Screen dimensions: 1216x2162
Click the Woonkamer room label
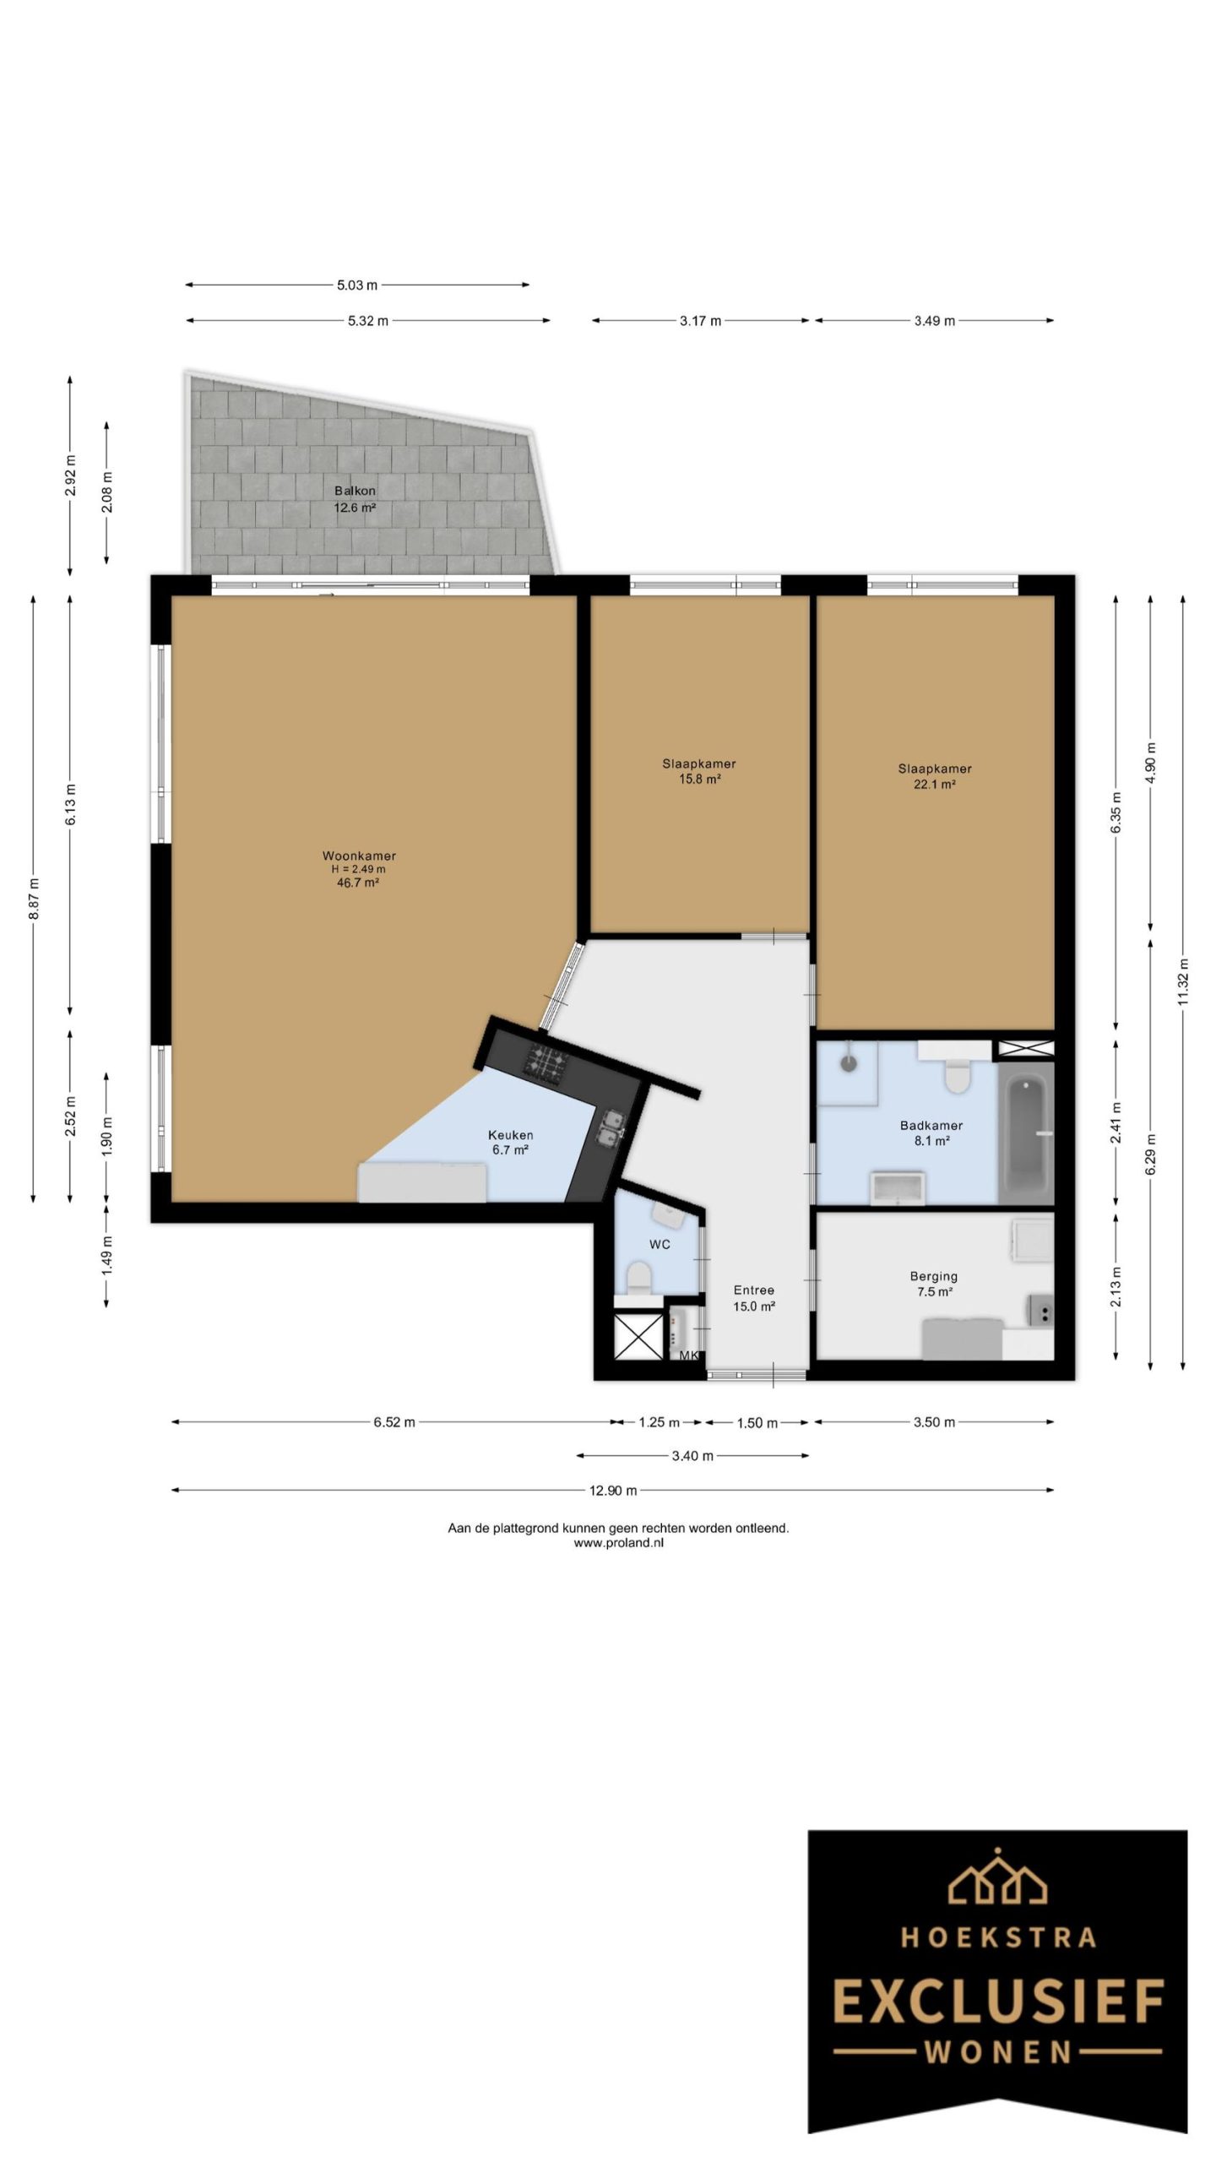[359, 856]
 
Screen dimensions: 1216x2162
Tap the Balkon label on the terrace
[355, 491]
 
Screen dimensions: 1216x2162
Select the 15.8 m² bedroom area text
[699, 780]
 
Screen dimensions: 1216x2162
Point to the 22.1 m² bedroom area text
[935, 785]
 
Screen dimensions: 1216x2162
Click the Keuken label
[511, 1135]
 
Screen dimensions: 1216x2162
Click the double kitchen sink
[610, 1127]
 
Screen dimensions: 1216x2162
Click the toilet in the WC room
[640, 1278]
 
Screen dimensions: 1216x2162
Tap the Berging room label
[934, 1276]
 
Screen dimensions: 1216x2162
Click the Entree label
[754, 1290]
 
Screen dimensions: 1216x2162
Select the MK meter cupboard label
[689, 1355]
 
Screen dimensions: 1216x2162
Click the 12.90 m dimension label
[613, 1491]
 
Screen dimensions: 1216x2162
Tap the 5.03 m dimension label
[357, 285]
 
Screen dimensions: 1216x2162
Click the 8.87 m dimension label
[34, 899]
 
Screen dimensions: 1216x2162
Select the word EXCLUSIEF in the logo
[998, 2003]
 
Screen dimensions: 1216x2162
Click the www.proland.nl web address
[619, 1542]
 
